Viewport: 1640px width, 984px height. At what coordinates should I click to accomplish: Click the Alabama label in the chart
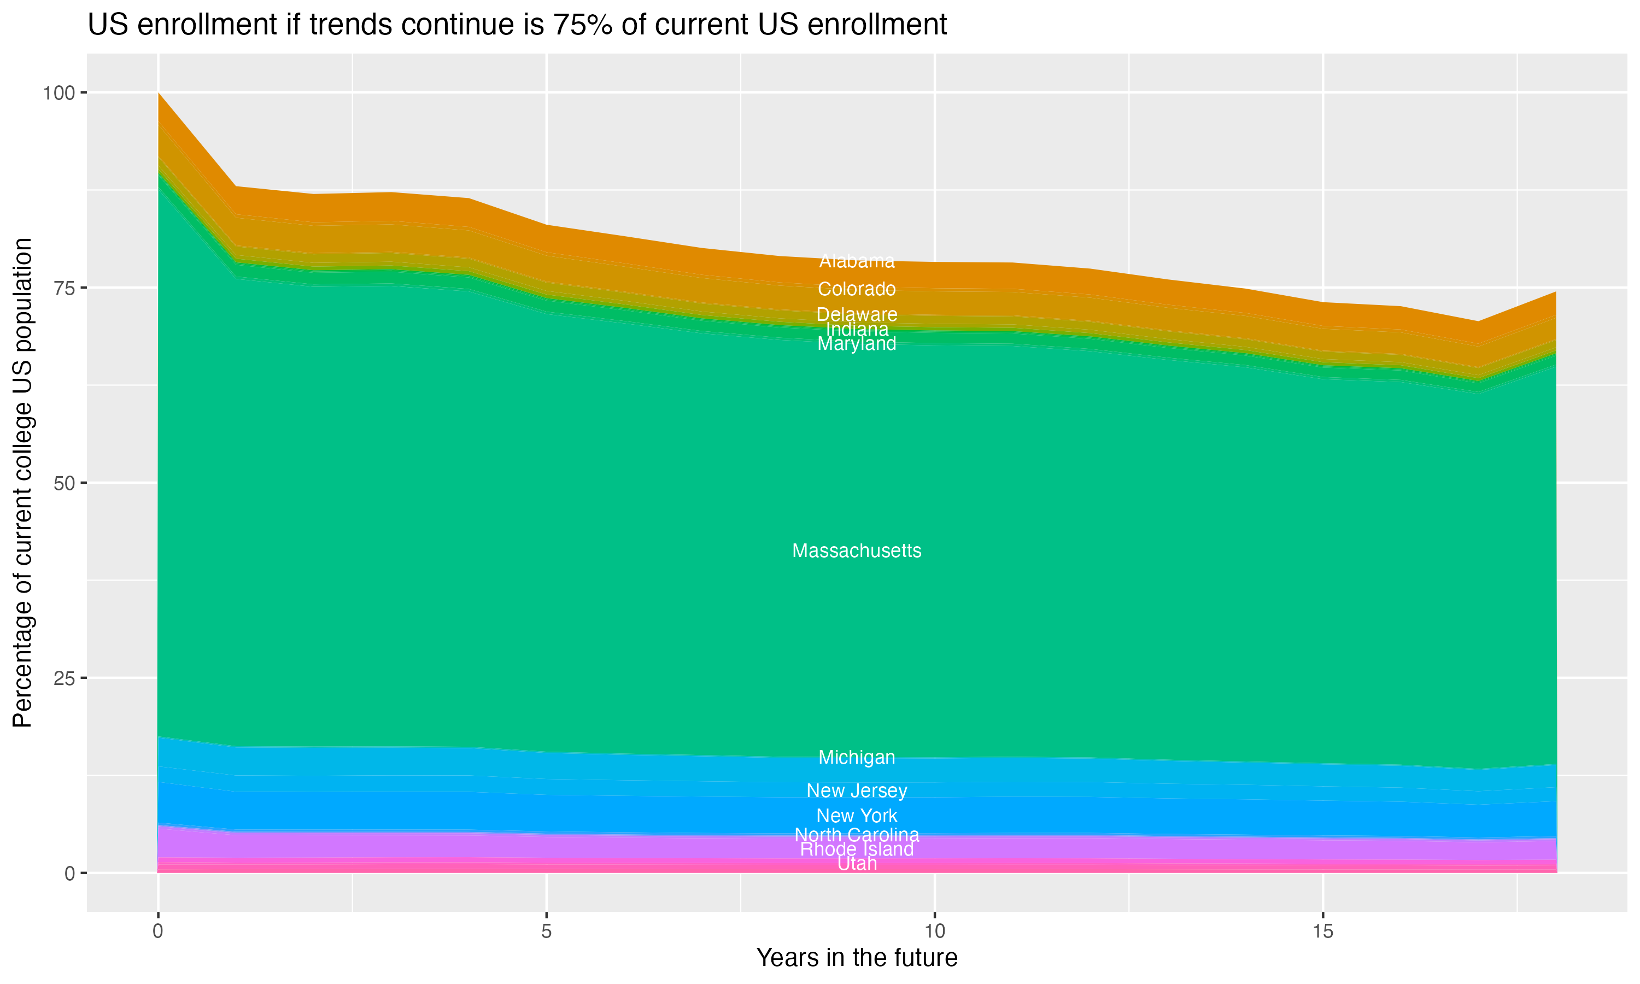857,261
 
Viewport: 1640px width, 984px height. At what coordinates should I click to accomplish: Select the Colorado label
857,289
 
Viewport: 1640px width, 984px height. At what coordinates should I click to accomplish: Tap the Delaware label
857,314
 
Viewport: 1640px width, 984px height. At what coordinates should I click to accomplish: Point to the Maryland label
857,343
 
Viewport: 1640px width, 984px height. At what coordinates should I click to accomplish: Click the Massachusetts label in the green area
857,551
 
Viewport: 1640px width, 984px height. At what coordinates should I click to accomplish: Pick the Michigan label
857,757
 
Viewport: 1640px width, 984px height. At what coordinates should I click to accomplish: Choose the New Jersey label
857,790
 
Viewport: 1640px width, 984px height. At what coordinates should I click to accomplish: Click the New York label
857,816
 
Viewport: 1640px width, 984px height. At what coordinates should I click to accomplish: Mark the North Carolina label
857,835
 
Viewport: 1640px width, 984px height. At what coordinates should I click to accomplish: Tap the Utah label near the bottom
857,864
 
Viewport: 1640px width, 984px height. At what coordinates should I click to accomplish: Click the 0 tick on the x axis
158,932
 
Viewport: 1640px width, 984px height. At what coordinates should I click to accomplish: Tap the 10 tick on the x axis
934,932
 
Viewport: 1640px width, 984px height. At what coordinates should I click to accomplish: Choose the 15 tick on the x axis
1322,932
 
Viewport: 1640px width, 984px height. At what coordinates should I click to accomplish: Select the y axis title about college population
22,483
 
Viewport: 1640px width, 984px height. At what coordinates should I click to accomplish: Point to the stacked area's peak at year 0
159,94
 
